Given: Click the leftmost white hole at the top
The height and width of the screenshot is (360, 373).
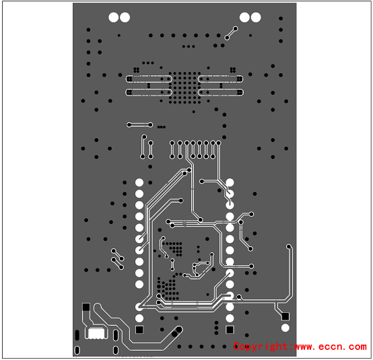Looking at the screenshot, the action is pyautogui.click(x=114, y=17).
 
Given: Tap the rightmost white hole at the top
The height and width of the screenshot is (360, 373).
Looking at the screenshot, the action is pyautogui.click(x=256, y=17).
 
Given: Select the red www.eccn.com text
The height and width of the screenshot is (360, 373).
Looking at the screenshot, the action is pyautogui.click(x=331, y=347).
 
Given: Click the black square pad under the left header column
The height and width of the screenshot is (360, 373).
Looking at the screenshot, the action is pyautogui.click(x=139, y=330).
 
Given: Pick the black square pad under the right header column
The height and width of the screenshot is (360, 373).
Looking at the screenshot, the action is pyautogui.click(x=230, y=330).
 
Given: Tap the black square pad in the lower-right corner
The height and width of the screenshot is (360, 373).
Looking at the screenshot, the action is pyautogui.click(x=285, y=316).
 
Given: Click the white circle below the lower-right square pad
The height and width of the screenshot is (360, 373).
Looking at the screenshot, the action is pyautogui.click(x=285, y=328).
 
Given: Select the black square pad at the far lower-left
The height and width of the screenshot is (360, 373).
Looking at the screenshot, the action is pyautogui.click(x=86, y=307).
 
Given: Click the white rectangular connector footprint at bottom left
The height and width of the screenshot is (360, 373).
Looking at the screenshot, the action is pyautogui.click(x=96, y=333).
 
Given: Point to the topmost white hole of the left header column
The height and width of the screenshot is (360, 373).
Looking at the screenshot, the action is pyautogui.click(x=139, y=182).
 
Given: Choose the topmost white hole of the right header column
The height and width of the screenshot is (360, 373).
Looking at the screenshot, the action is pyautogui.click(x=230, y=182).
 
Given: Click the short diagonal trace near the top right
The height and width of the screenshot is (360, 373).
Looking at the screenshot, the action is pyautogui.click(x=231, y=33).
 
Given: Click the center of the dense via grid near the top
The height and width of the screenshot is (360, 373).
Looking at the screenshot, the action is pyautogui.click(x=185, y=87).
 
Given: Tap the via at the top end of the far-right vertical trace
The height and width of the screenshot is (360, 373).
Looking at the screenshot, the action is pyautogui.click(x=289, y=246).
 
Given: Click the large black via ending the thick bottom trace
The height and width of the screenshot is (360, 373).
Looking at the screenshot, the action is pyautogui.click(x=179, y=329).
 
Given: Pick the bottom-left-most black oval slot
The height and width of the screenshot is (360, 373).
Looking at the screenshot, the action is pyautogui.click(x=77, y=350).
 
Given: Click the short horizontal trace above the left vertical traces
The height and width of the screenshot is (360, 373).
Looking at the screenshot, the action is pyautogui.click(x=139, y=124).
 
